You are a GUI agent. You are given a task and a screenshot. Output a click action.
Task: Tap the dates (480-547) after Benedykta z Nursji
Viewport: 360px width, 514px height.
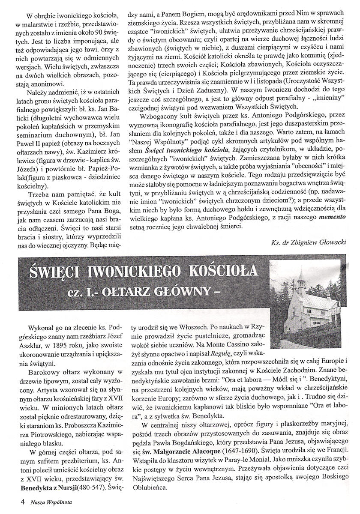coord(97,487)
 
